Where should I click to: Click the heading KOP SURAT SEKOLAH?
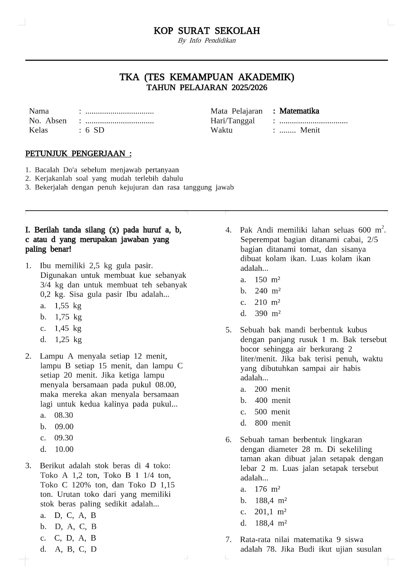[206, 31]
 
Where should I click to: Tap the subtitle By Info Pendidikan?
[206, 41]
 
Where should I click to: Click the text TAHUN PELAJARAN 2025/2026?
[206, 88]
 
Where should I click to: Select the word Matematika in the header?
[299, 111]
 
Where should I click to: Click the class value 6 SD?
[95, 130]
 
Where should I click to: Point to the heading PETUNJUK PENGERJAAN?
[78, 154]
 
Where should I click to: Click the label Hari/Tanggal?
[232, 121]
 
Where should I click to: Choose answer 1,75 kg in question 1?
[68, 317]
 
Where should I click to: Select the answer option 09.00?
[64, 427]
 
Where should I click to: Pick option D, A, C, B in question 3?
[76, 527]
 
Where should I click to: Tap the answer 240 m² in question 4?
[267, 291]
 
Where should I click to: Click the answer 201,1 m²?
[270, 512]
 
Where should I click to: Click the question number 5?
[228, 330]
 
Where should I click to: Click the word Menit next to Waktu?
[310, 130]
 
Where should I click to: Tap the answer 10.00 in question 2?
[64, 449]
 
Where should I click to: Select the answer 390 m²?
[267, 314]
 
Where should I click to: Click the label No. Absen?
[48, 121]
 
